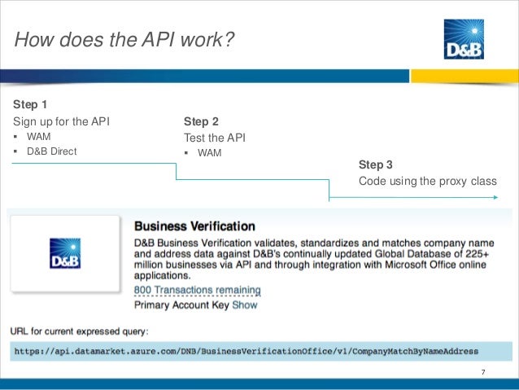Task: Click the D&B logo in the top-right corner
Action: [x=464, y=41]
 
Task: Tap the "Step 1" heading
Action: [x=31, y=105]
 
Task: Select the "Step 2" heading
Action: [x=201, y=121]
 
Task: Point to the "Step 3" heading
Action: [x=376, y=164]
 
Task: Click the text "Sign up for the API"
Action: [x=61, y=121]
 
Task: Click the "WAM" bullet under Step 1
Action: [x=39, y=137]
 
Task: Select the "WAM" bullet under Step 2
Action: [x=209, y=152]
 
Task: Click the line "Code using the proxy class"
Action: [x=427, y=181]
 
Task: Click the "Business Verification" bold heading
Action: [x=194, y=226]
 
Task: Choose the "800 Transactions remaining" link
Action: [x=197, y=290]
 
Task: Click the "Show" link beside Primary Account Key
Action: [x=245, y=305]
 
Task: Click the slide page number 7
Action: [x=483, y=373]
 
